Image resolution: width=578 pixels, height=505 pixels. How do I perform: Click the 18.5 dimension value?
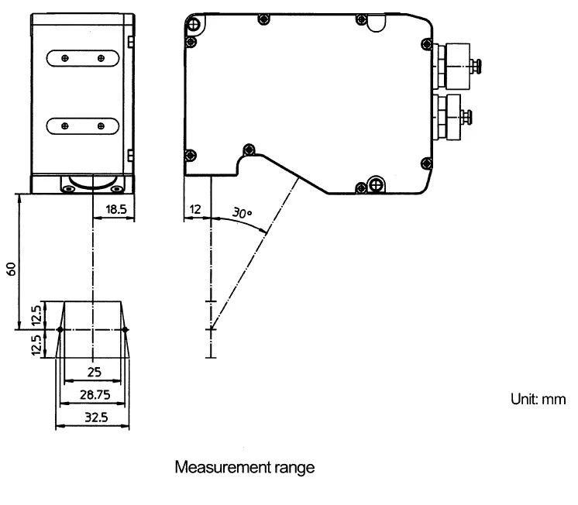[116, 209]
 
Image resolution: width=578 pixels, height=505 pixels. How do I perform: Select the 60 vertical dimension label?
[12, 269]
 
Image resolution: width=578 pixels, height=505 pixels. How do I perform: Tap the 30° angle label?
[242, 213]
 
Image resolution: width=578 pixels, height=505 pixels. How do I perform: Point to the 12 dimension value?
[195, 209]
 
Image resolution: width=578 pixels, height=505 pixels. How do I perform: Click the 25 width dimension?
[95, 372]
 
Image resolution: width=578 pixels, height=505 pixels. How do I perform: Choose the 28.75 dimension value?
[95, 395]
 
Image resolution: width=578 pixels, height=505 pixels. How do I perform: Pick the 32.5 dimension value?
[96, 417]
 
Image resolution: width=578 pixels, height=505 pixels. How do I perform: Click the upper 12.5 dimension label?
[36, 315]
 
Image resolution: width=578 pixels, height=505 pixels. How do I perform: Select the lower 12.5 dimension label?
[36, 345]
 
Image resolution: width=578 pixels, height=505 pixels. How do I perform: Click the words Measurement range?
[245, 467]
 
